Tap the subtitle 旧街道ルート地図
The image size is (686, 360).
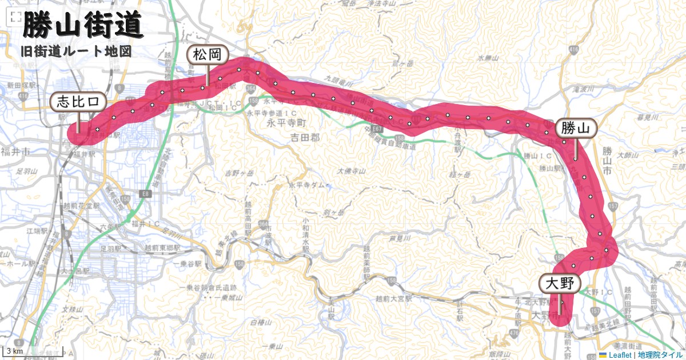click(76, 51)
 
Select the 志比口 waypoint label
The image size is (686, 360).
click(78, 102)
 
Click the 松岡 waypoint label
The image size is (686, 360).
click(208, 55)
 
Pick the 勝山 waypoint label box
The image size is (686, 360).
click(576, 128)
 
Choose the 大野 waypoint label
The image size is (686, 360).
click(559, 283)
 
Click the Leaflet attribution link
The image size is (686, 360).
click(620, 355)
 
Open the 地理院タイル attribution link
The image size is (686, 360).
click(660, 355)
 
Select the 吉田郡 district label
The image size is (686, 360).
click(304, 137)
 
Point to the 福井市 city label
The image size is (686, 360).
click(15, 152)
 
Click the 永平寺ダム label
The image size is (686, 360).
click(309, 186)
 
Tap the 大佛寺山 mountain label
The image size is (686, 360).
click(351, 171)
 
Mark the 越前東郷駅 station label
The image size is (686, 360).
click(162, 249)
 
